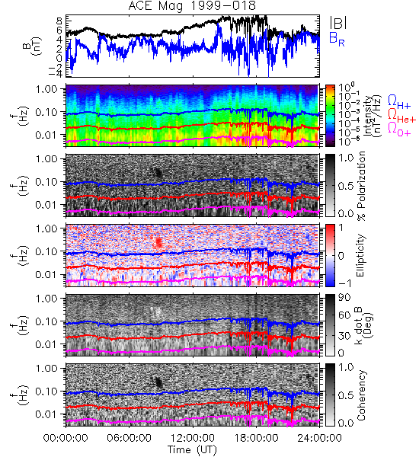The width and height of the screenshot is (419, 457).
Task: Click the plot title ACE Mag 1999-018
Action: (192, 5)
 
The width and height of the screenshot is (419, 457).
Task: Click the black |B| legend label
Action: (338, 22)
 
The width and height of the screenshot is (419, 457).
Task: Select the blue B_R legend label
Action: (337, 39)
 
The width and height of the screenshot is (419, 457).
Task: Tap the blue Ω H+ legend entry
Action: (399, 102)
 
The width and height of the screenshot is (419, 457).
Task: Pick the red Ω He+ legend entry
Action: (401, 115)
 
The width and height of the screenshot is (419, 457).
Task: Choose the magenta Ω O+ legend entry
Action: (399, 129)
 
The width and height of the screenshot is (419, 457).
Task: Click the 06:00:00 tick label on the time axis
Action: (130, 438)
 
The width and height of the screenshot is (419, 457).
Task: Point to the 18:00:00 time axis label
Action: (256, 438)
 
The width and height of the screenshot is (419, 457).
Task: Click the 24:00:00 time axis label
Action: (319, 438)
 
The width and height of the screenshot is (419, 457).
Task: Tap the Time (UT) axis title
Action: (193, 449)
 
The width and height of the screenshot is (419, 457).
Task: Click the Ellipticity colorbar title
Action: (360, 256)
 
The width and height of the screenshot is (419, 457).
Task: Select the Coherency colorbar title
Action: (361, 395)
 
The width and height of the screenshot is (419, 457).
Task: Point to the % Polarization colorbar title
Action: (361, 186)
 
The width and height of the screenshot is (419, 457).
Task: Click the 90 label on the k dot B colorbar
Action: (344, 298)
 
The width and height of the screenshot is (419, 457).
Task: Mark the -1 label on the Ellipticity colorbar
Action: (344, 283)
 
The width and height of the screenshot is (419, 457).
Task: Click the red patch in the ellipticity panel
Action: (158, 242)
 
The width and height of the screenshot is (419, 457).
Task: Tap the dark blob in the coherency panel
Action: (158, 382)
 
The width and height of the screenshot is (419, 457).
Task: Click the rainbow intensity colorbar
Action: (330, 116)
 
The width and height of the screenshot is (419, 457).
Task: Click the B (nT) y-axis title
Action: (34, 46)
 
